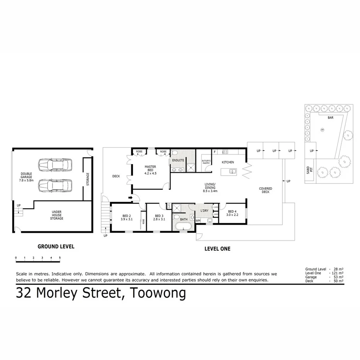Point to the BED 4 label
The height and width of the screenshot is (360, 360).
(x=232, y=213)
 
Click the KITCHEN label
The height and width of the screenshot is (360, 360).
(x=228, y=162)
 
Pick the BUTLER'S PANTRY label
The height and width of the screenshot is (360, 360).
(x=206, y=162)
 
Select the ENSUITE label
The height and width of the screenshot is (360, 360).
(x=178, y=160)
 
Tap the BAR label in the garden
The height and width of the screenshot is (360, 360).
(x=330, y=117)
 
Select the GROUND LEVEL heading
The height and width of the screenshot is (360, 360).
(x=56, y=246)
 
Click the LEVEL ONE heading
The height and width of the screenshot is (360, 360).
(x=217, y=249)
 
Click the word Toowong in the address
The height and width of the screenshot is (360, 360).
(x=158, y=293)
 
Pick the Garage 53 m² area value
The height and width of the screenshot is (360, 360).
(x=336, y=277)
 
